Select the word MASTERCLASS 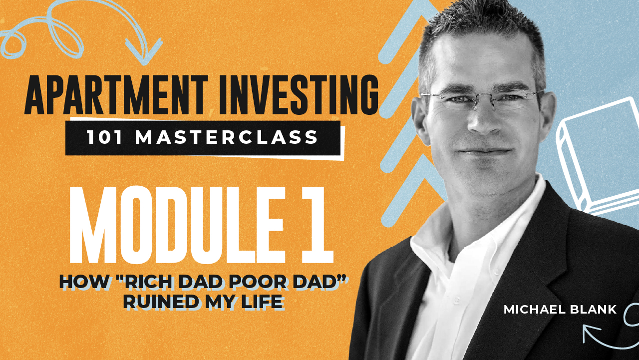pyautogui.click(x=227, y=137)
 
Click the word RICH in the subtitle pyautogui.click(x=162, y=282)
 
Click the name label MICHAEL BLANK pyautogui.click(x=560, y=310)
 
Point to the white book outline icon pyautogui.click(x=597, y=155)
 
